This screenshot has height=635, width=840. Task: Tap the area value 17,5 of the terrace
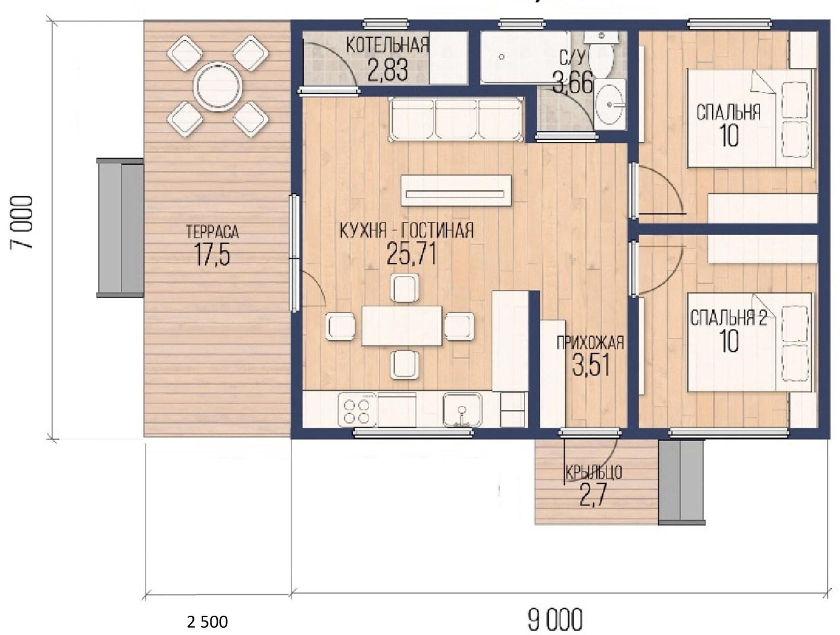[x=213, y=254]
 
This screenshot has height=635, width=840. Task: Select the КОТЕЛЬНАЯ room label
[x=387, y=45]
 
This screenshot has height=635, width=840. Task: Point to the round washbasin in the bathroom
[x=610, y=104]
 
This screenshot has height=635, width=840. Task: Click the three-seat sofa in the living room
[x=456, y=119]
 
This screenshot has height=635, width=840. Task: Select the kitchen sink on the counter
[x=463, y=410]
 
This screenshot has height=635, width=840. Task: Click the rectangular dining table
[x=401, y=326]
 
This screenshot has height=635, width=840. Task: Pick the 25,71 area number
[x=411, y=254]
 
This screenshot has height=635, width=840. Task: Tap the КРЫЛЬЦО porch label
[x=594, y=473]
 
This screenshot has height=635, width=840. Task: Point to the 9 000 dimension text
[x=555, y=620]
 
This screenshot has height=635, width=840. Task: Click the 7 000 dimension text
[x=21, y=223]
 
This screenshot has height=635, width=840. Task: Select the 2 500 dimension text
[x=207, y=622]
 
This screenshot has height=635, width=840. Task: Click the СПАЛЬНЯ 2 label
[x=728, y=317]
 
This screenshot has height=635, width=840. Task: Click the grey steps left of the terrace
[x=120, y=228]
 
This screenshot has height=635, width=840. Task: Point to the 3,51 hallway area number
[x=591, y=365]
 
